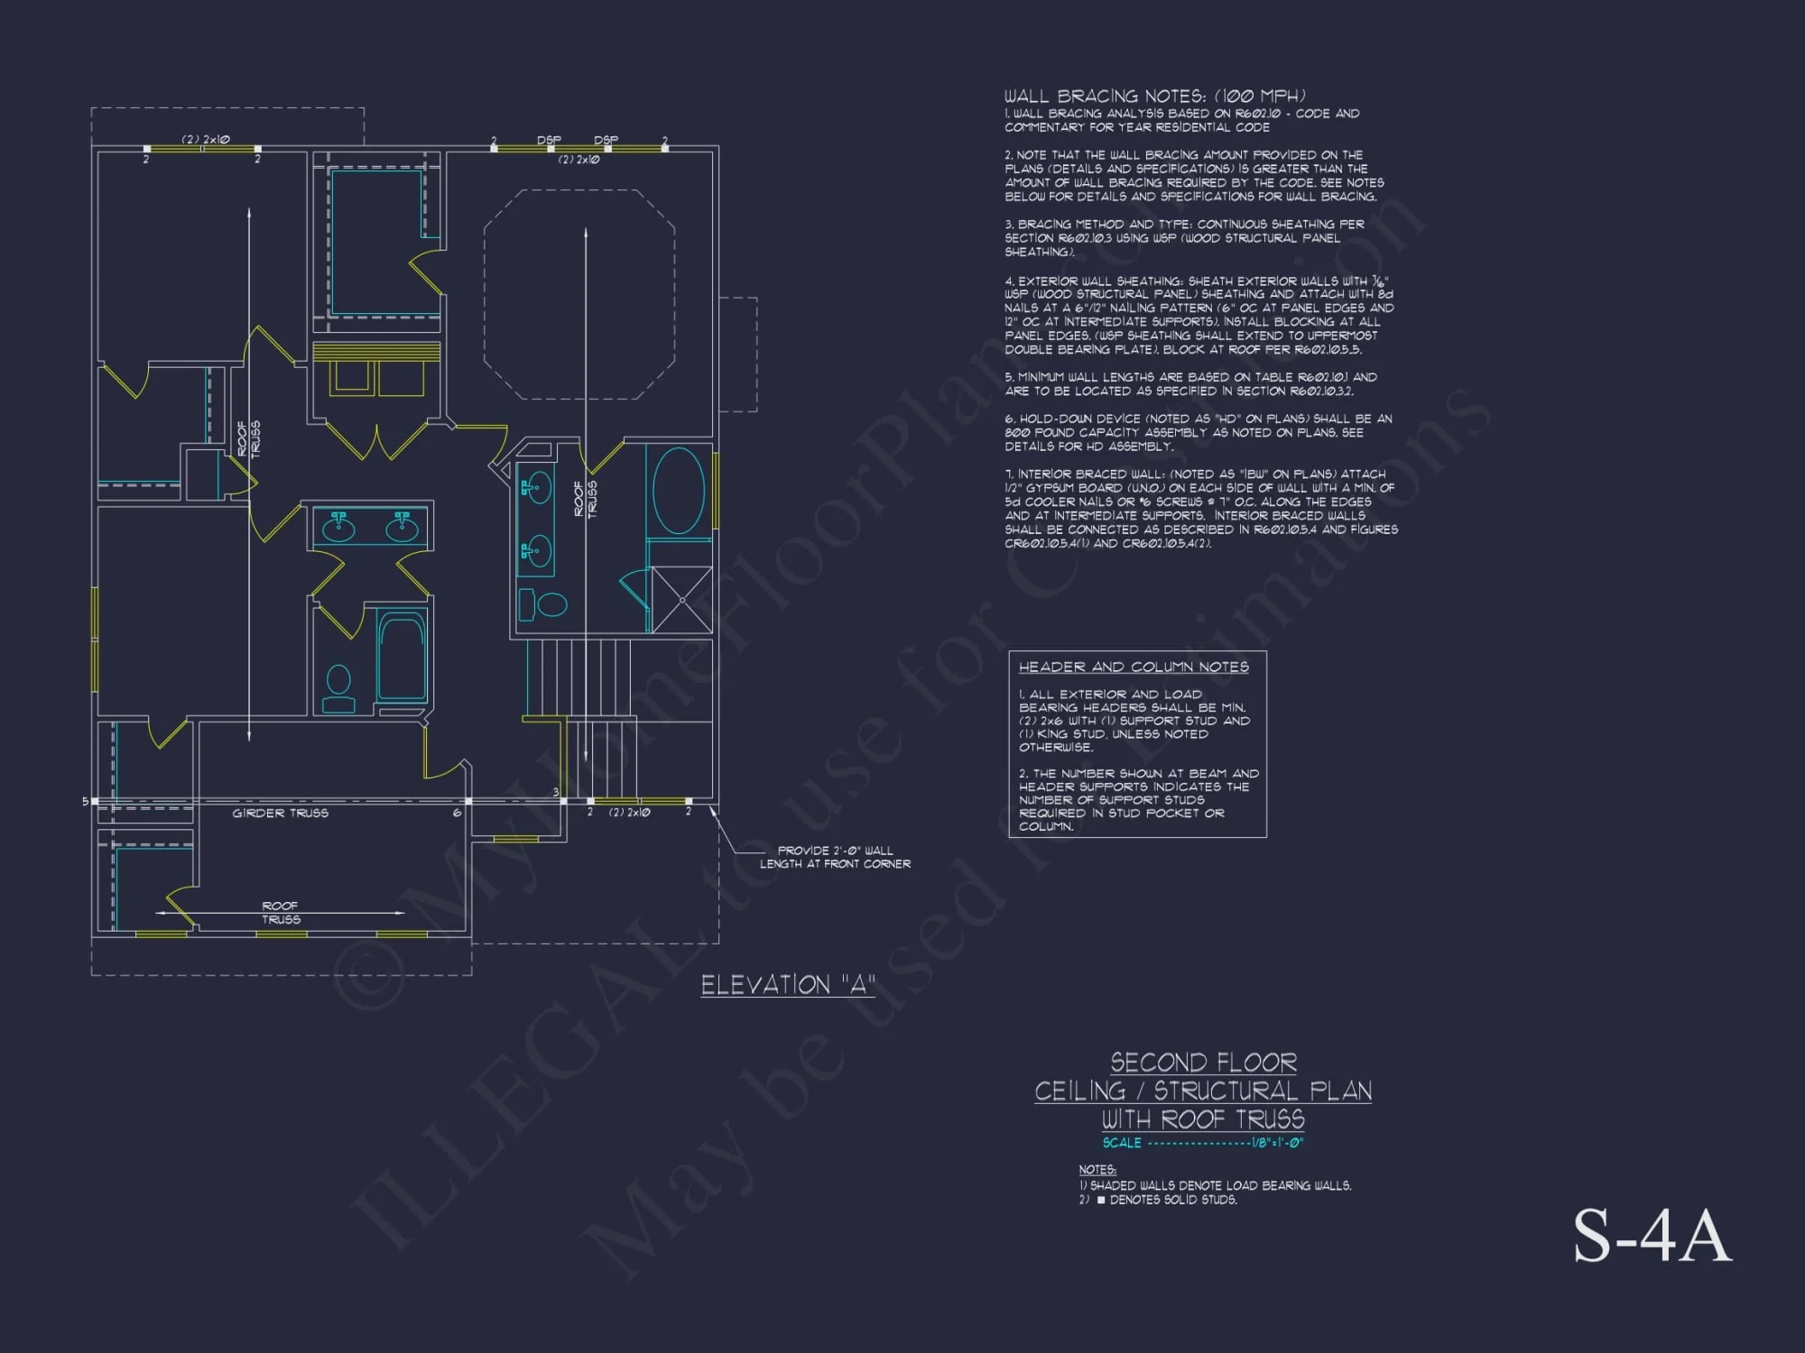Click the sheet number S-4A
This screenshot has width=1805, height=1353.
click(x=1652, y=1237)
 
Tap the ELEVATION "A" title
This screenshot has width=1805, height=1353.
click(x=788, y=985)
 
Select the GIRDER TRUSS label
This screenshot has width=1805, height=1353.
click(x=280, y=814)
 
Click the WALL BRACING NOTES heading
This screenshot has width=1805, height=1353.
click(x=1154, y=96)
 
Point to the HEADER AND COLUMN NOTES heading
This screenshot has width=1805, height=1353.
click(x=1134, y=667)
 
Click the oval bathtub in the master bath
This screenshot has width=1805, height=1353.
click(x=679, y=491)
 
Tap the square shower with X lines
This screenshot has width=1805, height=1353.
click(x=681, y=600)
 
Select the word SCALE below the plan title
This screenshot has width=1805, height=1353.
click(x=1122, y=1143)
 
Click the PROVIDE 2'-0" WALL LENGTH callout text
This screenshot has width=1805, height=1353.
click(x=835, y=857)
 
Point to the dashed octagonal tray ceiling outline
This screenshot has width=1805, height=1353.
click(x=579, y=294)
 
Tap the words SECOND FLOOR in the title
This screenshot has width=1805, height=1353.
click(x=1203, y=1063)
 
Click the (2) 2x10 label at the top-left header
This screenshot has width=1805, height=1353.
click(x=206, y=140)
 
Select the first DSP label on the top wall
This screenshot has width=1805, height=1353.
click(x=549, y=141)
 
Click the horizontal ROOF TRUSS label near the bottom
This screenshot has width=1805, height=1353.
click(x=281, y=913)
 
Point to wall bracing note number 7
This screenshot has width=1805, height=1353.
click(x=1200, y=509)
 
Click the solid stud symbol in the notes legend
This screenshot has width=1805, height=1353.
click(x=1101, y=1200)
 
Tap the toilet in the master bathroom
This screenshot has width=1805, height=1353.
click(x=542, y=604)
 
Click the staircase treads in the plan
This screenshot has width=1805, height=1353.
click(x=578, y=676)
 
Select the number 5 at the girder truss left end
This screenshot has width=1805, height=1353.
click(x=86, y=801)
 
